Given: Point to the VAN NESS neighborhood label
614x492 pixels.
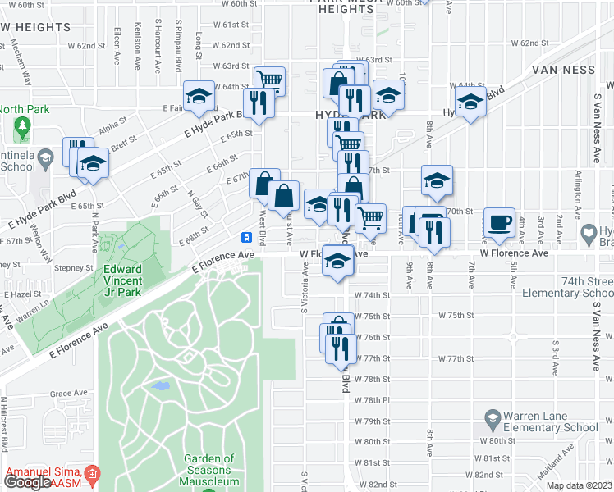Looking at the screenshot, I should [x=563, y=70].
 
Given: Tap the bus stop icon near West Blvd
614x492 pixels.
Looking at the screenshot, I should [x=245, y=238].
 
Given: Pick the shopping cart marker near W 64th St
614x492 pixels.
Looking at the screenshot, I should [x=269, y=81].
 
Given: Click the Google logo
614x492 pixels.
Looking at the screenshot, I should [x=26, y=482].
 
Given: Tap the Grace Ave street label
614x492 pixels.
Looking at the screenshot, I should [x=62, y=394].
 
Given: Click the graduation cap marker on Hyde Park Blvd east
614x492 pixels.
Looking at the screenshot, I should [x=470, y=103].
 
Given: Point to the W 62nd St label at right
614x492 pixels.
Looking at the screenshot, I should [x=529, y=42].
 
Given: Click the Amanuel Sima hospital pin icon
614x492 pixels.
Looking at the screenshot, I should [x=92, y=473].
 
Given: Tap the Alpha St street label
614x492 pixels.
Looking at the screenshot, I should [x=108, y=128].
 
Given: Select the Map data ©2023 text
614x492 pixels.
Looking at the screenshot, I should [x=579, y=485].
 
